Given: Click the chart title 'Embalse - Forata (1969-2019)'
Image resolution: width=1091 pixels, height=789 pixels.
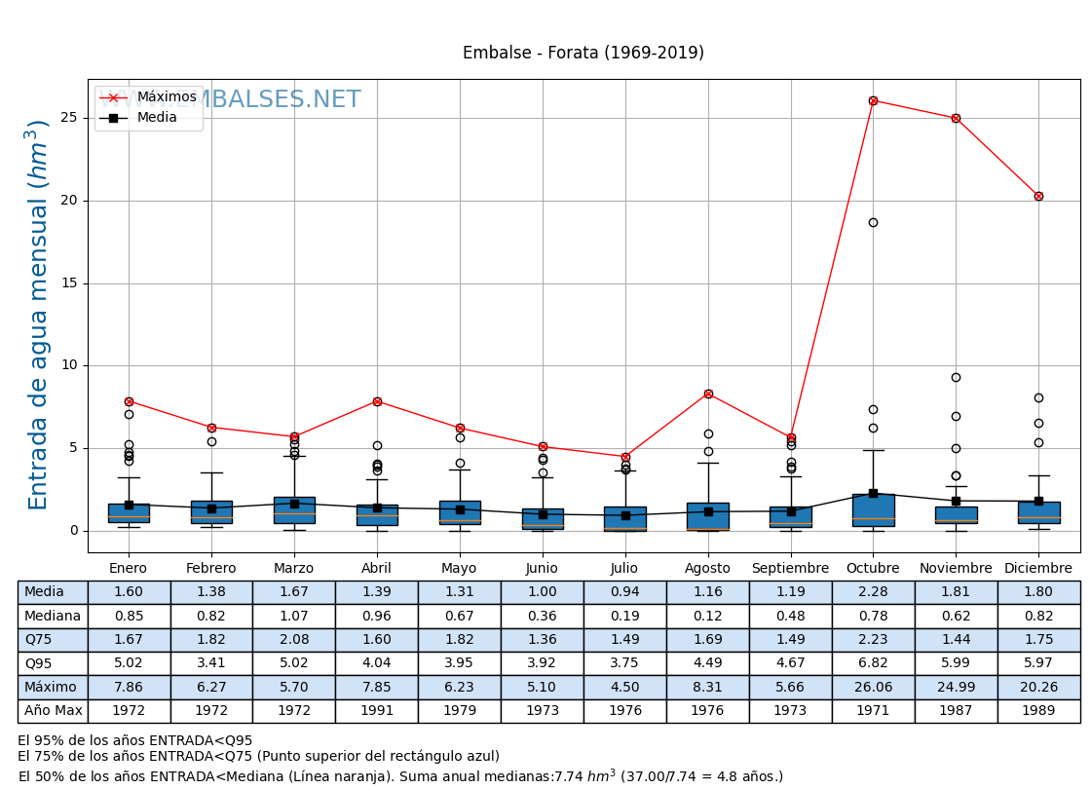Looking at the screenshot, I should pos(583,53).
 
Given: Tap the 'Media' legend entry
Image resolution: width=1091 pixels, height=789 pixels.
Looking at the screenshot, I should pos(157,118).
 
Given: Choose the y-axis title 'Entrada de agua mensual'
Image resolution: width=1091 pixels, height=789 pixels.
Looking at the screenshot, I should pos(38,314).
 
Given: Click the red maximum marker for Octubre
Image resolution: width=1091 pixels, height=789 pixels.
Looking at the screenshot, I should pos(873,100).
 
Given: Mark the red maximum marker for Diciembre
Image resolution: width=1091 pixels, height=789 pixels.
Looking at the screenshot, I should pos(1038,196).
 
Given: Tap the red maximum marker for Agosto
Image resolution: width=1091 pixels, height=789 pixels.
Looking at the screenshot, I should pos(708,394).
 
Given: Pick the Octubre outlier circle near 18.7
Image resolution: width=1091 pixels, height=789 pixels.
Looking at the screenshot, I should pos(873,222).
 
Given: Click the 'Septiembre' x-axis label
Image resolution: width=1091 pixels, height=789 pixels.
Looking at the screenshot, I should pos(790,569).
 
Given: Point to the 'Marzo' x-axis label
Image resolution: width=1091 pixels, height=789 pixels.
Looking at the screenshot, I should pos(294,569).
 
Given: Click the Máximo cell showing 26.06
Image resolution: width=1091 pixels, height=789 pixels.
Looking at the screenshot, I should pos(873,687).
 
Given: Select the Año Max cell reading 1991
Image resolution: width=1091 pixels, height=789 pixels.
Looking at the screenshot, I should pos(377,711).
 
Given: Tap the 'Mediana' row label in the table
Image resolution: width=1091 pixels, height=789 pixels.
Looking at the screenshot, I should pos(53,616).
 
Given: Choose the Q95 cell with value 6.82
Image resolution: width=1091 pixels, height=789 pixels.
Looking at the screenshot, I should pos(873,663).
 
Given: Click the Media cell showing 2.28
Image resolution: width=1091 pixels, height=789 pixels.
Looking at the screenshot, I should pos(873,592).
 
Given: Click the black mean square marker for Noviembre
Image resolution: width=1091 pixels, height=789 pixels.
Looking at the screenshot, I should pos(956,501).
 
